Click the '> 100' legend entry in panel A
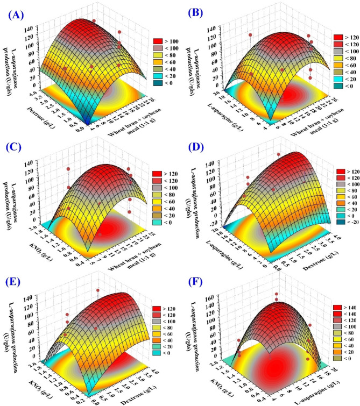point(166,40)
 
